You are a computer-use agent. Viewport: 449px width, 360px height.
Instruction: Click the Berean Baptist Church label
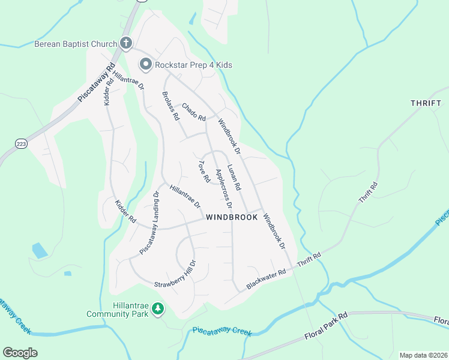75,44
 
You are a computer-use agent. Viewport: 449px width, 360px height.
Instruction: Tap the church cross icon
126,43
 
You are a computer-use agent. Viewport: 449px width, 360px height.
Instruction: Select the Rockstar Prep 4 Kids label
193,65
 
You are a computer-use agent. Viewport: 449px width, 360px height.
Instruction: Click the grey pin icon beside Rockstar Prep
145,64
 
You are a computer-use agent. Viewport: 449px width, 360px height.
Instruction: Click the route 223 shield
20,144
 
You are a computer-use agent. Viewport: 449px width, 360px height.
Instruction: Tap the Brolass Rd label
171,106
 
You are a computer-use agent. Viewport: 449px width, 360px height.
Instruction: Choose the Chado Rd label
193,110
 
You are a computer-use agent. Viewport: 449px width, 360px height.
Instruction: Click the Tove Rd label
203,171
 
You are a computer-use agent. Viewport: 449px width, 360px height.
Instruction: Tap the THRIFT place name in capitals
426,103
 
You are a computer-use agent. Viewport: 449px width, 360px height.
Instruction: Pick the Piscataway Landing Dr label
149,223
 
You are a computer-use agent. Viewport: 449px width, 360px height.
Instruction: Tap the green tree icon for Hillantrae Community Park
158,309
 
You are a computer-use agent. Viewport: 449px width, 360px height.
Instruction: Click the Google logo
20,352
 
